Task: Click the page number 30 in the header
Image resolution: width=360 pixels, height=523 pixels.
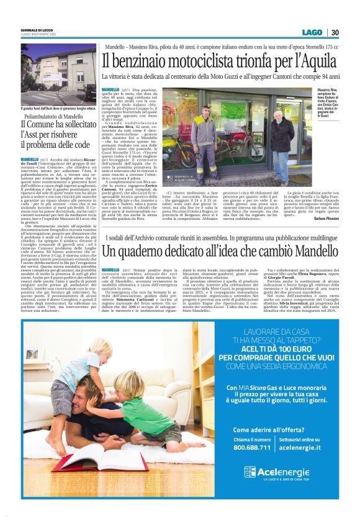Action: pos(335,32)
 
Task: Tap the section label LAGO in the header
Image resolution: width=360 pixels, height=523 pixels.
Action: pos(312,32)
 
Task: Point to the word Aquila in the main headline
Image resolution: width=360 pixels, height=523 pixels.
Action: pos(317,61)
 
